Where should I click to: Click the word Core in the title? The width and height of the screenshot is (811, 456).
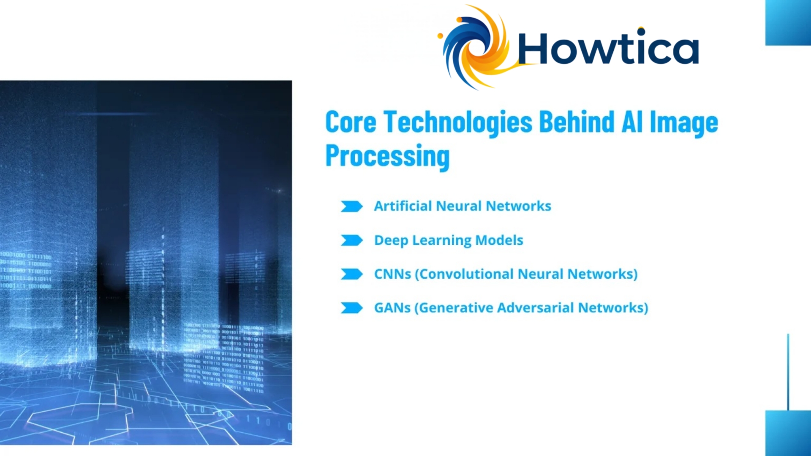point(350,122)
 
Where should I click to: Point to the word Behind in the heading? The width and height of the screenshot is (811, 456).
point(577,122)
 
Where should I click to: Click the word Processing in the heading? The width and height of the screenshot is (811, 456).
point(387,156)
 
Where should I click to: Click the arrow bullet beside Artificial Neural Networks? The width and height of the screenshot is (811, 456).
point(351,206)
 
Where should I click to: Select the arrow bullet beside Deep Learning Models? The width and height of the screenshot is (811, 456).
point(351,240)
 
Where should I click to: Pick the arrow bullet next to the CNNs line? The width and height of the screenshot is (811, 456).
point(351,274)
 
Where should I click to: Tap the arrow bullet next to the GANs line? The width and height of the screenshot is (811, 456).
point(351,308)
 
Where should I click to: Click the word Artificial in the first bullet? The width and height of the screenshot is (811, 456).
point(403,206)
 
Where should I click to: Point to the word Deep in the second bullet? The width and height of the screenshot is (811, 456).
point(391,240)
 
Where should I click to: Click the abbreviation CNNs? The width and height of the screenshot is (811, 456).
point(392,274)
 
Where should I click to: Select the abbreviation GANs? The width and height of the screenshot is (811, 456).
point(392,308)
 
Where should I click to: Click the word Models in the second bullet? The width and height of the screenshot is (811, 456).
point(499,240)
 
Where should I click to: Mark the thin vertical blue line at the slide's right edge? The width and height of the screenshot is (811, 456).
point(788,372)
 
